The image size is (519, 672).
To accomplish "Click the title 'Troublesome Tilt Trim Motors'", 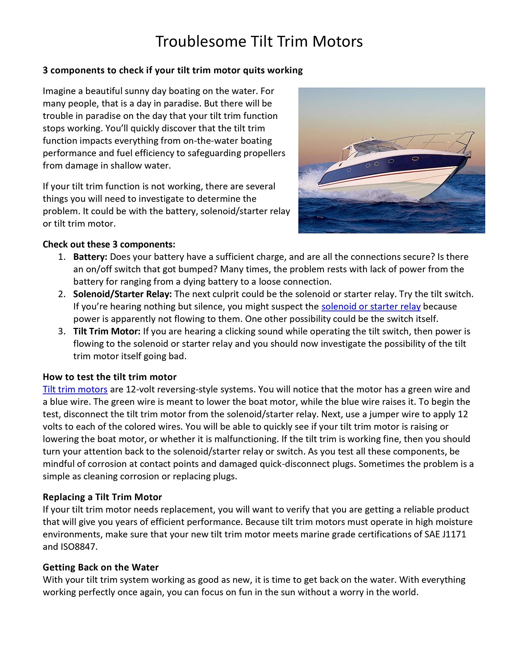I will [x=259, y=41].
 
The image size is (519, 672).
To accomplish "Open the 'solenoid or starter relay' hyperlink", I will [x=371, y=306].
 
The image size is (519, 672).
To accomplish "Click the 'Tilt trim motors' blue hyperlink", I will [x=75, y=389].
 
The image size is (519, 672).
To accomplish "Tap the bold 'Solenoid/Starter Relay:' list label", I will [x=122, y=294].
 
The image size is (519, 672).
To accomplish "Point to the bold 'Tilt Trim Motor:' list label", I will [x=107, y=331].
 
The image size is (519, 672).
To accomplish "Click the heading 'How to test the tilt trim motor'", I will [x=109, y=377].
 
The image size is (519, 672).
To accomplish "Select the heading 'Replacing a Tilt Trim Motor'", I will [x=102, y=497].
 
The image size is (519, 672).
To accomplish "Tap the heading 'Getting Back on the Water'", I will [x=100, y=567].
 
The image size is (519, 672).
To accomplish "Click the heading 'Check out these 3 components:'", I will [x=109, y=244].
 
